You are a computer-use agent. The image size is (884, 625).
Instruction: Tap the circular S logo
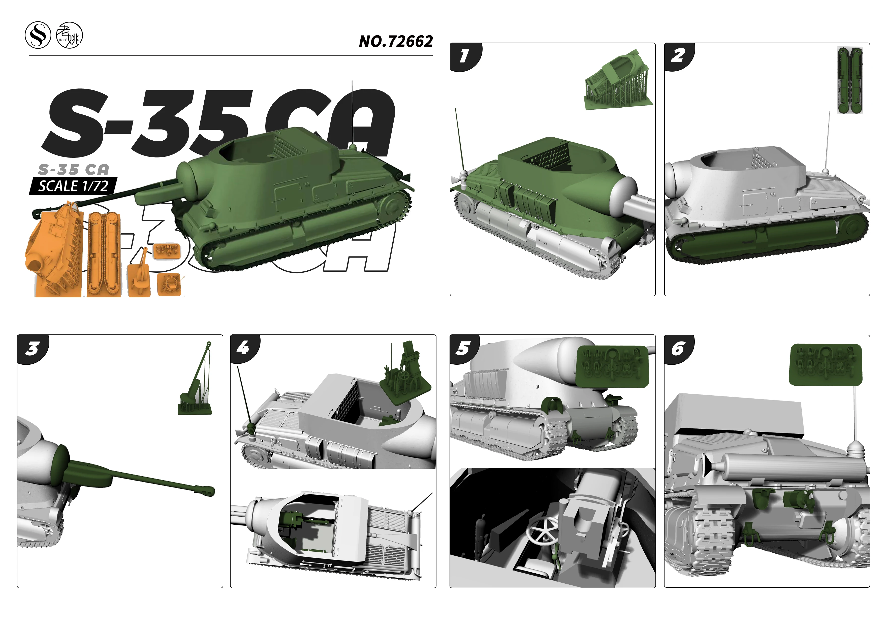point(38,35)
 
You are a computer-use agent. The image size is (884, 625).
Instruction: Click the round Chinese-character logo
point(69,36)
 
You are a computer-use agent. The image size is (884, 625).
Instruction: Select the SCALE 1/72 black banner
point(73,186)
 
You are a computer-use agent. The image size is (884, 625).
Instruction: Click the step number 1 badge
point(464,56)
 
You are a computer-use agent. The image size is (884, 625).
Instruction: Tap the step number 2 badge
point(678,56)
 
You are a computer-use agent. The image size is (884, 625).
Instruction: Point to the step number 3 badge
point(32,349)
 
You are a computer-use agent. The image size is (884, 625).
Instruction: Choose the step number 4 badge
point(243,348)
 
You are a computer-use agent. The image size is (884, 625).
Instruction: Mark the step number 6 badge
point(678,349)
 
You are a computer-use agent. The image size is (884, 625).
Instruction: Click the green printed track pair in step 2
point(850,80)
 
